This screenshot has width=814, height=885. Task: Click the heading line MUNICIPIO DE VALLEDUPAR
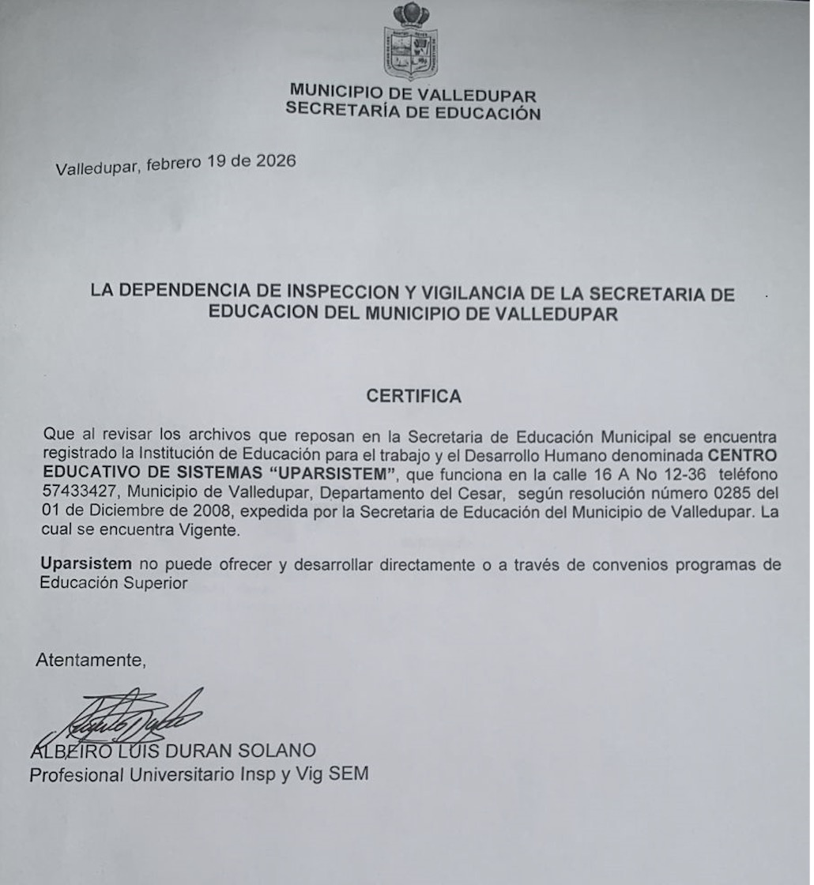click(413, 95)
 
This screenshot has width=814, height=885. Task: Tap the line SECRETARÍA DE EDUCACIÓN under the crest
click(413, 111)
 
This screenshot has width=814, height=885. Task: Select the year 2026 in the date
click(276, 161)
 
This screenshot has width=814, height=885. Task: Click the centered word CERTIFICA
click(413, 396)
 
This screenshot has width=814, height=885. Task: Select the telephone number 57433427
click(76, 494)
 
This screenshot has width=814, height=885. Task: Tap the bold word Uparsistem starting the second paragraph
click(86, 565)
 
